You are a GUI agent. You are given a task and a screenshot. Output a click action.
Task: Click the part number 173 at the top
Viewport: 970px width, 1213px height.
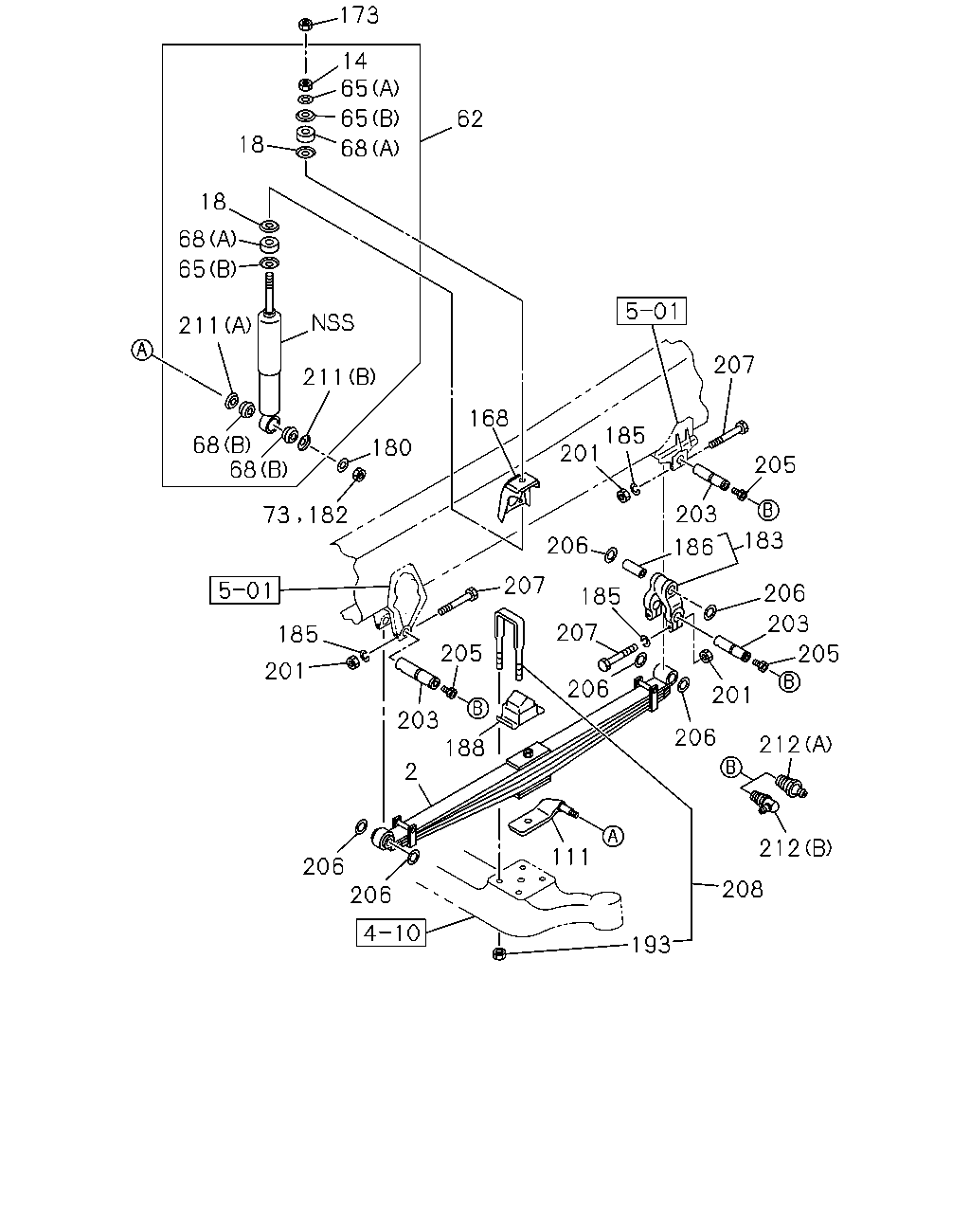359,15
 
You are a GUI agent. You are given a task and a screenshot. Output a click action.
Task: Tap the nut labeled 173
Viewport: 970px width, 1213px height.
305,25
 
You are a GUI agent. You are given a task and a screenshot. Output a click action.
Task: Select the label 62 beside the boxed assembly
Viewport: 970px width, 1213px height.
470,119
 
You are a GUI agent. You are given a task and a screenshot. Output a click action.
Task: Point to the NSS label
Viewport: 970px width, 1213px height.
332,322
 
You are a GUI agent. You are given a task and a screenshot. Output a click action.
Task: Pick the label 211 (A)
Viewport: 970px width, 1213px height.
215,325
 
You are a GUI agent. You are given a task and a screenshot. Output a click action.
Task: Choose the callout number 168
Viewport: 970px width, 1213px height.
489,418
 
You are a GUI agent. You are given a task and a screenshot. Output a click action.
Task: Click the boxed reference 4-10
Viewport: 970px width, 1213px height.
391,932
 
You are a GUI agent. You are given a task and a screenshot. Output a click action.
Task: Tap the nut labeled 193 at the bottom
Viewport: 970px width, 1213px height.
499,953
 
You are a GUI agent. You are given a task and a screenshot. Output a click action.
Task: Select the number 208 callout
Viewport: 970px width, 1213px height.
743,890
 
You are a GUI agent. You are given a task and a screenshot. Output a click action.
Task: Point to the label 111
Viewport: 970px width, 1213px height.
570,858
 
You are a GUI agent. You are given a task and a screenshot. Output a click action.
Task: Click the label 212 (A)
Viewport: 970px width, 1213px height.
796,745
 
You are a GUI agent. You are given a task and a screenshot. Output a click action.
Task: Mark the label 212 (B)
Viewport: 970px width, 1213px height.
796,848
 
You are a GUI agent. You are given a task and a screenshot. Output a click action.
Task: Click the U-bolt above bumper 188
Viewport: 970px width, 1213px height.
510,643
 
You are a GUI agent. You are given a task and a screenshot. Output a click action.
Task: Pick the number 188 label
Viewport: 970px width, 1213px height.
465,748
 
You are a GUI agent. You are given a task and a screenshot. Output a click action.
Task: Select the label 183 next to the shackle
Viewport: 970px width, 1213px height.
763,540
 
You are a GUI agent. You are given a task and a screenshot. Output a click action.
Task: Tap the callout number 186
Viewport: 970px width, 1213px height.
693,547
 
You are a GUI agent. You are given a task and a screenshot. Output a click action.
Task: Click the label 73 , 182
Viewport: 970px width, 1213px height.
305,515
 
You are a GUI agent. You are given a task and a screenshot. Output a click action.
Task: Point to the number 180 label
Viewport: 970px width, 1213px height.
391,447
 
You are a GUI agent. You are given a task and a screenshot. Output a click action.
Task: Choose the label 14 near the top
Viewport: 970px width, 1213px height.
355,61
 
